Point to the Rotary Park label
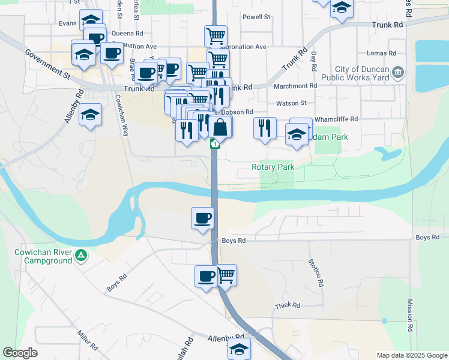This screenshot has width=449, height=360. pos(273,167)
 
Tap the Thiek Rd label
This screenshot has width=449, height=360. pos(288,305)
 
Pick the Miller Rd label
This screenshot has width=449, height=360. pos(88,339)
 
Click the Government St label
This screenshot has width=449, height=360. pos(48,63)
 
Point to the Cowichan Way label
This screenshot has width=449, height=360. pos(122,115)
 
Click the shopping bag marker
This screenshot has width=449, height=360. pos(220,127)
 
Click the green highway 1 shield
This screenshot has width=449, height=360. pos(214,144)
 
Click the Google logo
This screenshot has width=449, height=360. pos(20,353)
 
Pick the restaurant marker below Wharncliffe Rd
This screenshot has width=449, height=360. pos(264,128)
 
